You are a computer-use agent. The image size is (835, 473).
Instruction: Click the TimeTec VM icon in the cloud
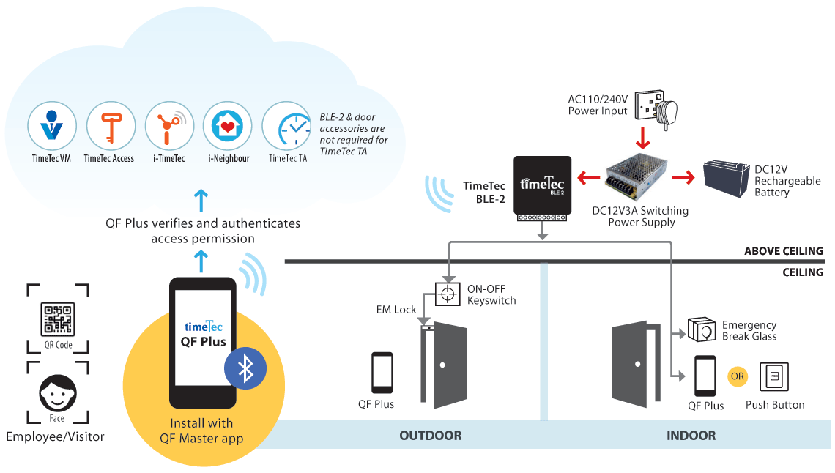coord(52,126)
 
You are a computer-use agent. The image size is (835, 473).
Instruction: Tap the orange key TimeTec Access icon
coord(111,126)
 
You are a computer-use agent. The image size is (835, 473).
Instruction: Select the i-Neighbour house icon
coord(227,126)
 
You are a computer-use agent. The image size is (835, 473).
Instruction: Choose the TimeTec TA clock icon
coord(286,126)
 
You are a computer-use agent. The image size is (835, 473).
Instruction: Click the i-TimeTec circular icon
coord(168,126)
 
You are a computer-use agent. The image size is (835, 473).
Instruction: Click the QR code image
coord(58,319)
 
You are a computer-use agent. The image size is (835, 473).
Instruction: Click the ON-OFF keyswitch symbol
coord(446,294)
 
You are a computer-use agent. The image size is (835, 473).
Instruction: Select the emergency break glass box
coord(702,331)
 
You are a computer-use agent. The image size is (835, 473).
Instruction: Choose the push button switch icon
coord(774,377)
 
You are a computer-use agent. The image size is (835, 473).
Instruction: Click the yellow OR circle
coord(737,376)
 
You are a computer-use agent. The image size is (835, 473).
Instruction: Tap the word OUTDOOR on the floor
coord(430,436)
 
